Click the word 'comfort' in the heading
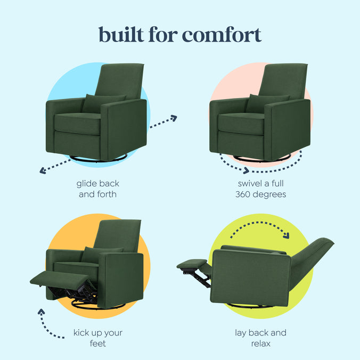(222, 35)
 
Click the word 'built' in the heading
(120, 35)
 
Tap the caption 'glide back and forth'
(97, 189)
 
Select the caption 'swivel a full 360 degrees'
(261, 189)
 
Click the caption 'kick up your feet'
(97, 338)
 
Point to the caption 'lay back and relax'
(261, 338)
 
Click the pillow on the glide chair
(102, 103)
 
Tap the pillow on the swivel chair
(266, 103)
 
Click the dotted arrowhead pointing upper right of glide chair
(173, 118)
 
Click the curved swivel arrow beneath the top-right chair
(261, 168)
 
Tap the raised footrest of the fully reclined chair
(192, 264)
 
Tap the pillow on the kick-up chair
(101, 254)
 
